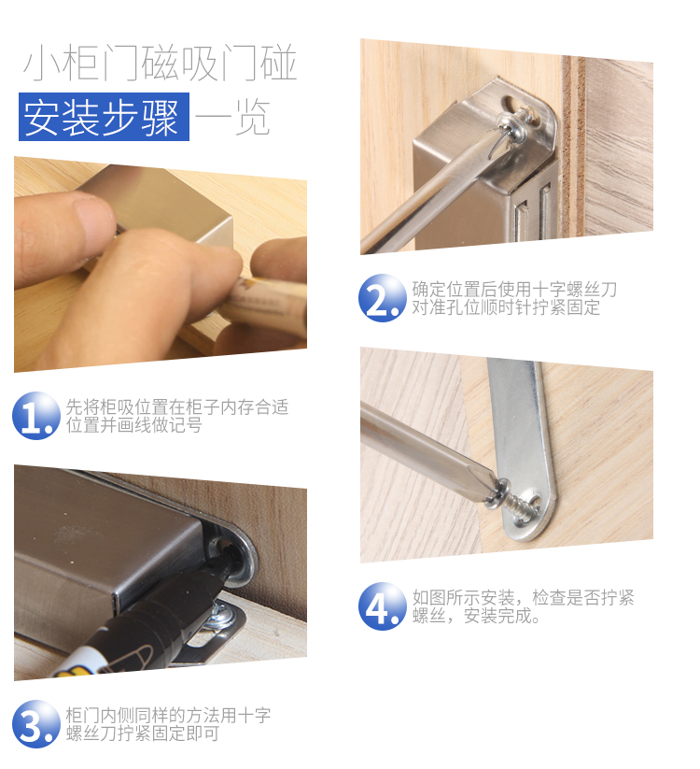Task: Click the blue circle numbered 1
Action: pyautogui.click(x=36, y=416)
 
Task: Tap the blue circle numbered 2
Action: pyautogui.click(x=383, y=298)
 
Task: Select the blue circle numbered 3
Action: pyautogui.click(x=36, y=724)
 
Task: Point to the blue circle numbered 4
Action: pyautogui.click(x=383, y=606)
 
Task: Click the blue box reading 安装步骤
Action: pyautogui.click(x=104, y=117)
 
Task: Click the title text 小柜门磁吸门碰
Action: pyautogui.click(x=161, y=63)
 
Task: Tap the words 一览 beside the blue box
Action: pyautogui.click(x=232, y=117)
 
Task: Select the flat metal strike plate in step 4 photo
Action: pyautogui.click(x=523, y=449)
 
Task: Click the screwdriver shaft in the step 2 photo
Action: pyautogui.click(x=431, y=196)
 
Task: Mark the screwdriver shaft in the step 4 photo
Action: pyautogui.click(x=427, y=444)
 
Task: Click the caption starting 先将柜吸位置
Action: pyautogui.click(x=177, y=416)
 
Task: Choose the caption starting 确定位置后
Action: pyautogui.click(x=514, y=298)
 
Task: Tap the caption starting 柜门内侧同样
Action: pyautogui.click(x=168, y=724)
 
